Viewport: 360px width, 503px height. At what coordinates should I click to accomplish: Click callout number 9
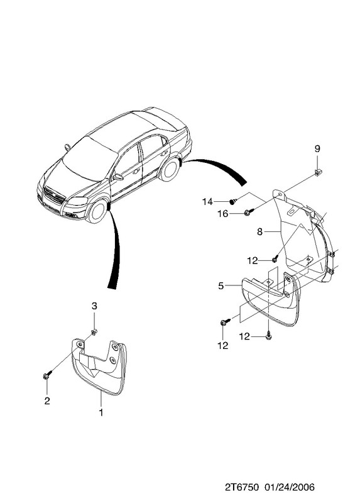[x=317, y=149]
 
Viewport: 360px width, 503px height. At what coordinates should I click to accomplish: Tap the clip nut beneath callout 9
[x=318, y=173]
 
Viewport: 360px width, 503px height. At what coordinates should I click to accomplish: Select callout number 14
[x=207, y=202]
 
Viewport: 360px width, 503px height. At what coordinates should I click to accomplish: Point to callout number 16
[x=223, y=214]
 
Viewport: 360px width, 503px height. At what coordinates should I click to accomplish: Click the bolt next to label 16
[x=249, y=212]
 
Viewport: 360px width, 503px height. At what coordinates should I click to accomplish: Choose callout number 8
[x=259, y=231]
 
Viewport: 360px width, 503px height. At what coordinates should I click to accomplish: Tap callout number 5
[x=221, y=285]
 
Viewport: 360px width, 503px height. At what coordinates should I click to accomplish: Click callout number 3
[x=94, y=306]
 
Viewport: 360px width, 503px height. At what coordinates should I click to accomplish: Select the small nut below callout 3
[x=94, y=332]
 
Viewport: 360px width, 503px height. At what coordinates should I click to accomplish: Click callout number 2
[x=47, y=401]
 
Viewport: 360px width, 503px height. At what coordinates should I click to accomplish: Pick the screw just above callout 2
[x=46, y=375]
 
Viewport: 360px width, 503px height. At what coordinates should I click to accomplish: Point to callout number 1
[x=101, y=412]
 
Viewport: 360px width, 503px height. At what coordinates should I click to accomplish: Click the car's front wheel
[x=97, y=211]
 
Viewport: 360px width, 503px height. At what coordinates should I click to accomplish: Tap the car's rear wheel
[x=170, y=169]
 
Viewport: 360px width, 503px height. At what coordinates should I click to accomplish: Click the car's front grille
[x=55, y=195]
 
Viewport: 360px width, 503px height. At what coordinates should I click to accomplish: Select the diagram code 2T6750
[x=241, y=487]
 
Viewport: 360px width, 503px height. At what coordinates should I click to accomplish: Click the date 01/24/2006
[x=290, y=487]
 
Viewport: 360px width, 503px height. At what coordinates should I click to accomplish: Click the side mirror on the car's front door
[x=118, y=177]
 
